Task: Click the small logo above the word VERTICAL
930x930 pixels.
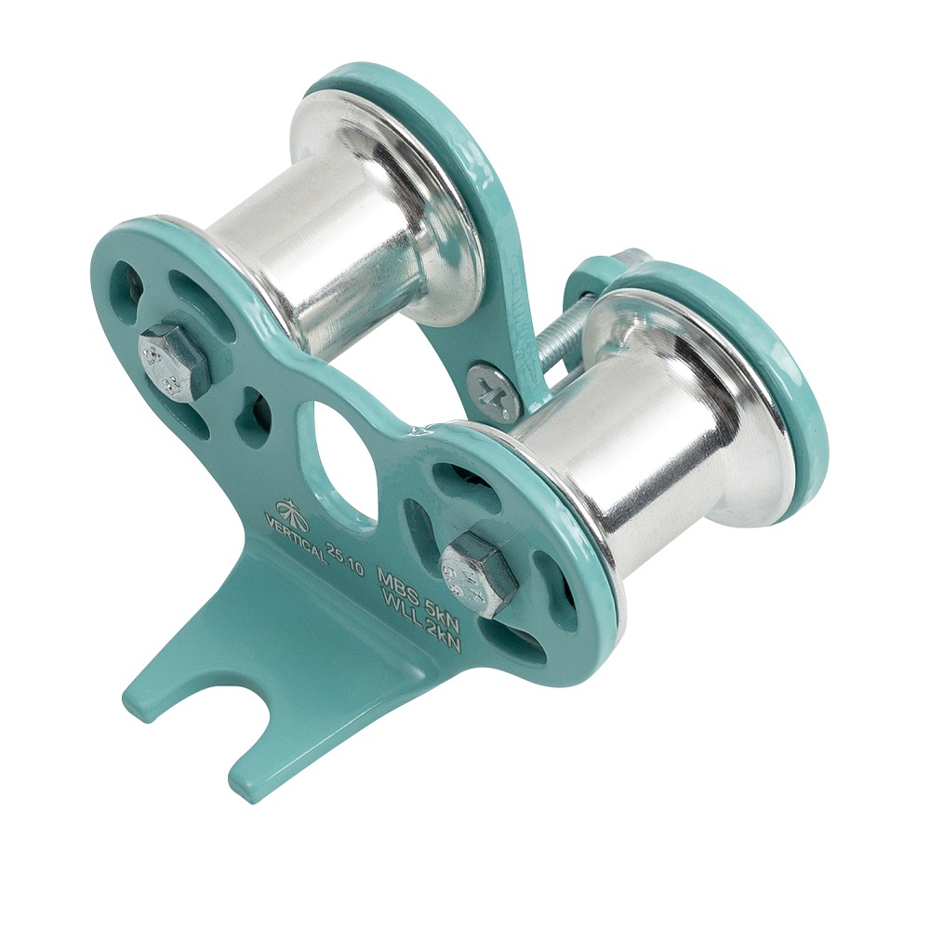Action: [x=290, y=509]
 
